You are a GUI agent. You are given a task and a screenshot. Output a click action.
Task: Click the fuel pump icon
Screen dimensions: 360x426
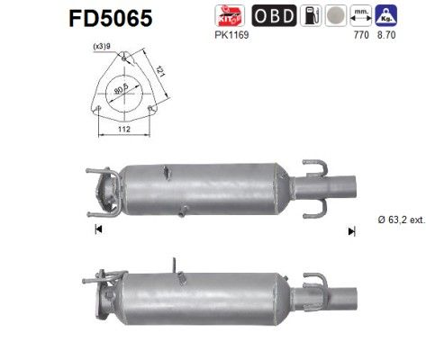pos(311,16)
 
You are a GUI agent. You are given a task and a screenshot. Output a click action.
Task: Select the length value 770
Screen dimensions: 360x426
pos(363,35)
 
